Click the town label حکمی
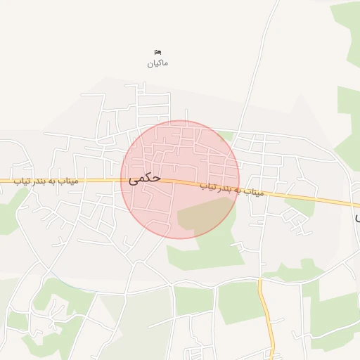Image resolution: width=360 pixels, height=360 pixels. (x=145, y=178)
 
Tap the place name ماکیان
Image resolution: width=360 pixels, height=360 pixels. (x=157, y=63)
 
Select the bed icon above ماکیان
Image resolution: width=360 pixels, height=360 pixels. (x=157, y=52)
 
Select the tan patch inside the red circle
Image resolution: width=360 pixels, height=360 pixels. (x=204, y=214)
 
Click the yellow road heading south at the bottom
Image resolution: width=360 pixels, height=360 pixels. (x=268, y=316)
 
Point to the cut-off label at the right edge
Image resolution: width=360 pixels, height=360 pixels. (x=356, y=217)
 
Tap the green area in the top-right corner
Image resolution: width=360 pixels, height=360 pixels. (x=348, y=21)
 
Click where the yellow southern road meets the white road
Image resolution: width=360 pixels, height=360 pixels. (x=259, y=280)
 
